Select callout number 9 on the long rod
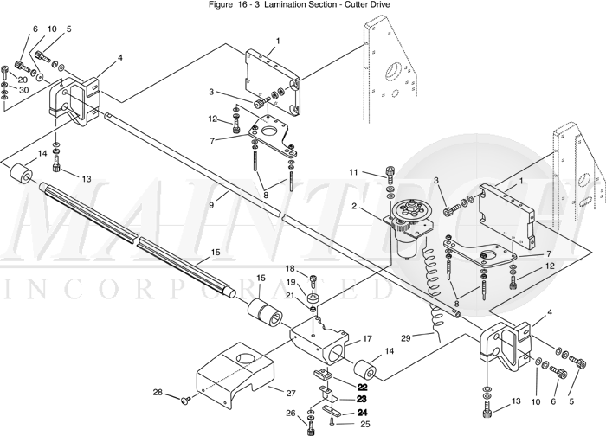pos(211,205)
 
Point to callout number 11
pos(353,172)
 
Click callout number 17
pos(367,339)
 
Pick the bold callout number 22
pos(362,387)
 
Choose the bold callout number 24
pos(362,413)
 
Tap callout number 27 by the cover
pos(291,393)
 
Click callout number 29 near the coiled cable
pos(405,339)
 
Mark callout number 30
pos(24,90)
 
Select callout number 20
pos(23,80)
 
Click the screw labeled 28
pos(184,401)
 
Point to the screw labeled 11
pos(390,176)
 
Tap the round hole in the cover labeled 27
pos(246,359)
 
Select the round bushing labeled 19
pos(313,299)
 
